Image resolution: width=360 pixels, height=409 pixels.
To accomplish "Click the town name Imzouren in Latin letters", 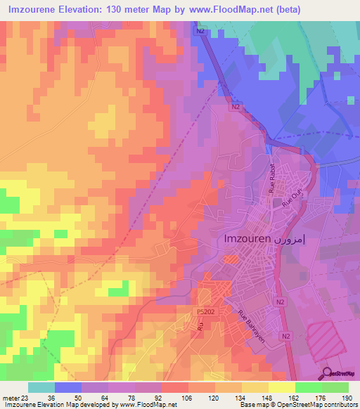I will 247,238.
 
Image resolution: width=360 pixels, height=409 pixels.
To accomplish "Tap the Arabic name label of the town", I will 290,238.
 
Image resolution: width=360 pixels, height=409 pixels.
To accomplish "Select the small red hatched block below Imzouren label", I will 231,260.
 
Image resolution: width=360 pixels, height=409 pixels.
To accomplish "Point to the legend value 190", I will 347,398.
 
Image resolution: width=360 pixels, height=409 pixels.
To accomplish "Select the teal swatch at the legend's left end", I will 41,387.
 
